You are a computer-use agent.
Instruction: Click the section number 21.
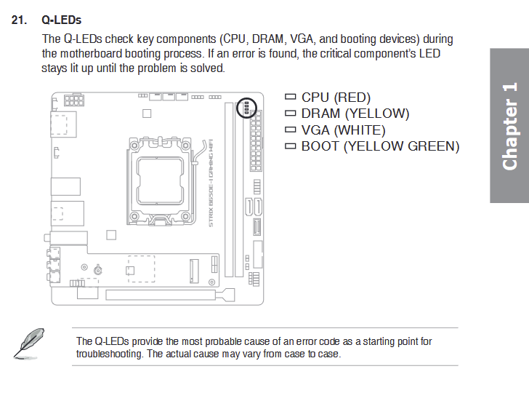(19, 20)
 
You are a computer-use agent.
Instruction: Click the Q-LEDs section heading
(61, 20)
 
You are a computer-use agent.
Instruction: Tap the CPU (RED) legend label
(336, 98)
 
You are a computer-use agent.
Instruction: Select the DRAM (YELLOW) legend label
(355, 114)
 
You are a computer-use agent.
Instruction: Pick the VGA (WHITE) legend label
(344, 130)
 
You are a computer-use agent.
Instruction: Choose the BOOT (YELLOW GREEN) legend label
(380, 146)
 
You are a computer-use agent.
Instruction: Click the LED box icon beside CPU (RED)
(290, 97)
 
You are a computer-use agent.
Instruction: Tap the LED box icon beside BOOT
(290, 146)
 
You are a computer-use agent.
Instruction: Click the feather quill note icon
(29, 344)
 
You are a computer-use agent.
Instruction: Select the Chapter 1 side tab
(509, 126)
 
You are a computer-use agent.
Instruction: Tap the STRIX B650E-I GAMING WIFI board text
(211, 183)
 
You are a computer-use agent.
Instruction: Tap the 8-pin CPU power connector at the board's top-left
(74, 100)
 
